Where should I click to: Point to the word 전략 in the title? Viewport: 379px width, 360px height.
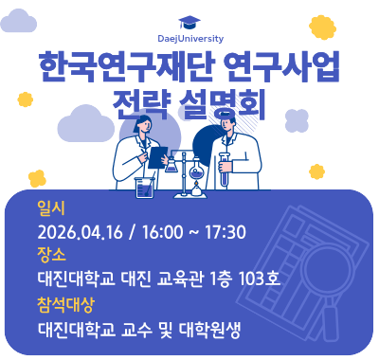click(x=140, y=101)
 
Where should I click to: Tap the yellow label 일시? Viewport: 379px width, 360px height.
click(x=50, y=207)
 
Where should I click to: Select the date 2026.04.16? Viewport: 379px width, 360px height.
click(x=80, y=232)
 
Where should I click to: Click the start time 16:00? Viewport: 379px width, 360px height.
click(x=165, y=232)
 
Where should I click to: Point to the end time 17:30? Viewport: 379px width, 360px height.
click(x=226, y=232)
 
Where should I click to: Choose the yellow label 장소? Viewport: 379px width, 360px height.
click(x=50, y=256)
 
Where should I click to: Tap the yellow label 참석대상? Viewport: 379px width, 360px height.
click(x=65, y=305)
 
